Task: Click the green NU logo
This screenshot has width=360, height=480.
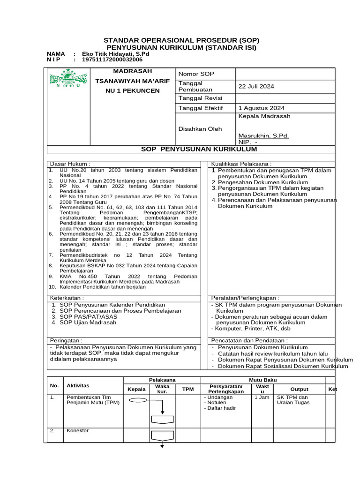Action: point(65,78)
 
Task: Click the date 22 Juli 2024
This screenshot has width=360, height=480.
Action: point(256,86)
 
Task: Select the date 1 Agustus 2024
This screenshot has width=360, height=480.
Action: point(261,108)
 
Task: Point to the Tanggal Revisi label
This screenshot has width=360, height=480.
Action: point(200,98)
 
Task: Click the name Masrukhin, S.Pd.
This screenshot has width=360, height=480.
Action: point(263,135)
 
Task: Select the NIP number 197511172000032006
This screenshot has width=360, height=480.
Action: point(112,60)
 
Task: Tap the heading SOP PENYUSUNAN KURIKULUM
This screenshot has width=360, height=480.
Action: point(199,149)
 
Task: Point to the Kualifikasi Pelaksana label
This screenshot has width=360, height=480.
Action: point(241,164)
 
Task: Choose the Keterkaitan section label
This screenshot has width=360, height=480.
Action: point(67,298)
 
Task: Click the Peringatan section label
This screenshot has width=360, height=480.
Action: point(66,340)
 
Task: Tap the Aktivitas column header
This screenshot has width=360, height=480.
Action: point(78,385)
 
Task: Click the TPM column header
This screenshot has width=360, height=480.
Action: point(188,389)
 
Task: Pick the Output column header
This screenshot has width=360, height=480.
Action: point(300,389)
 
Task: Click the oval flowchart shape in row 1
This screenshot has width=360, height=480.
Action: point(138,400)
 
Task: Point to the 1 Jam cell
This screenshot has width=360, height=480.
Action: point(262,397)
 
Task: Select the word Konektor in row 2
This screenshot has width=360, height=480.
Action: point(77,431)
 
